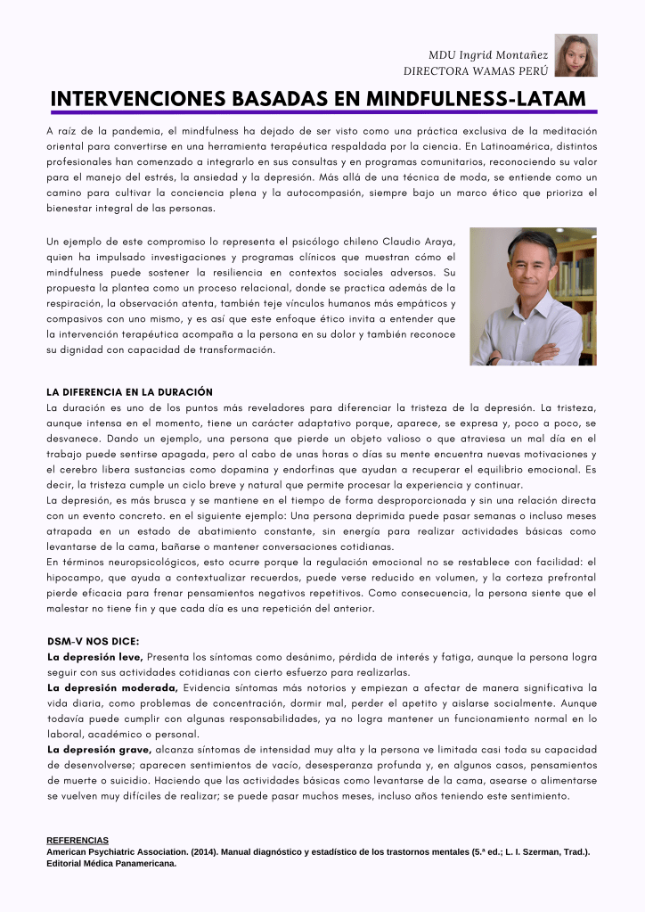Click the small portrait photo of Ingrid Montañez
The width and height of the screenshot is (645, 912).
pos(576,55)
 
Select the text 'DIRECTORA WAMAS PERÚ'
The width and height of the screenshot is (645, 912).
pos(476,70)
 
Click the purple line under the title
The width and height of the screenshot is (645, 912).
pos(322,112)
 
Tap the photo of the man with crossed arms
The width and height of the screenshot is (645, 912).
pos(533,296)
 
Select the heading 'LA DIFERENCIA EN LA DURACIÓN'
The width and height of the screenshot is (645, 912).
pos(129,391)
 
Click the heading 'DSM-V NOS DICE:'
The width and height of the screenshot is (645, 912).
pos(94,641)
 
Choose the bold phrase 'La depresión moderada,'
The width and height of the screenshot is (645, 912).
pos(112,687)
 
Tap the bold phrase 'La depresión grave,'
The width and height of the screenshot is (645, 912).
pos(100,750)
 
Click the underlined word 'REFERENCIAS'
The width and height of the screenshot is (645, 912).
pos(78,841)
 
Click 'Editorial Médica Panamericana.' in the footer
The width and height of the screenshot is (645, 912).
pos(111,863)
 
